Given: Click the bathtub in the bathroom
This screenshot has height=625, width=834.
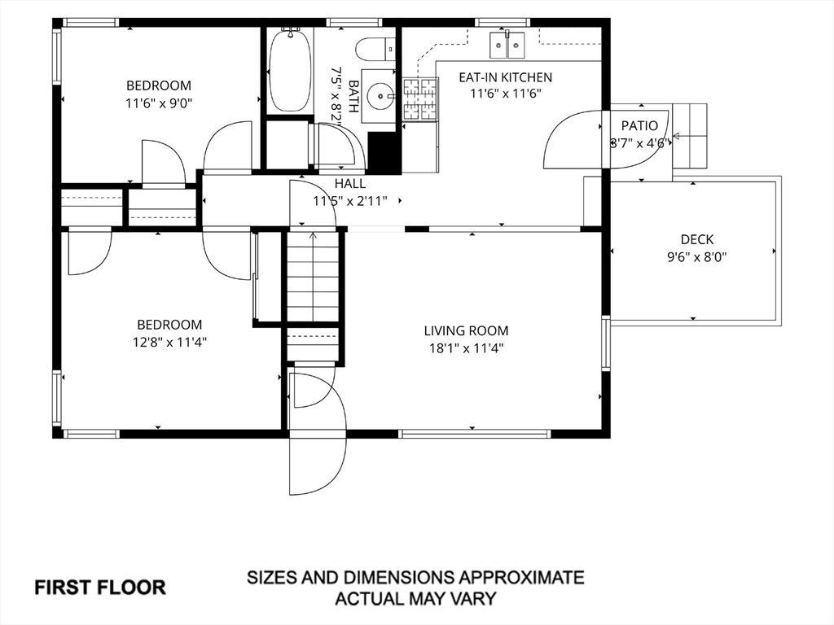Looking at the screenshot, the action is (291, 70).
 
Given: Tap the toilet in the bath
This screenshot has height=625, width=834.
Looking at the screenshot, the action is (375, 50).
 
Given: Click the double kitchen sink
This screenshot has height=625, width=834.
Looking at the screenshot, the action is (507, 45).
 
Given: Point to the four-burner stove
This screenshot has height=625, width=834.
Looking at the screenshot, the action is (420, 98).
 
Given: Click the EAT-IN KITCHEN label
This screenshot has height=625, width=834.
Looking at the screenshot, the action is (505, 77).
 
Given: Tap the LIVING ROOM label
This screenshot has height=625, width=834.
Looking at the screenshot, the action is (466, 330).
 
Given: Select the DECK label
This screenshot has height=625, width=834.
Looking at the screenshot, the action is (697, 240).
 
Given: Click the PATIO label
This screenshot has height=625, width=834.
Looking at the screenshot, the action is (639, 126).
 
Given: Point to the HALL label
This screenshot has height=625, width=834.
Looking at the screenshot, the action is (350, 184).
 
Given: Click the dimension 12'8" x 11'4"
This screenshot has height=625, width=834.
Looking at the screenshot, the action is (169, 342).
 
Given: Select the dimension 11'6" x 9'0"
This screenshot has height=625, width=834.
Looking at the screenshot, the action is (159, 103).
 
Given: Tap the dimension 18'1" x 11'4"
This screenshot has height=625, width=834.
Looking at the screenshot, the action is (467, 348).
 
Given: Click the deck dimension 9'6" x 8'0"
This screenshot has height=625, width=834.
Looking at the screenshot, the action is (697, 257).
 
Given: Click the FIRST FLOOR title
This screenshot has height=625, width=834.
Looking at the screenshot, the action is (100, 588).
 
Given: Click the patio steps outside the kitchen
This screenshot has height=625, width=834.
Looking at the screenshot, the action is (690, 136).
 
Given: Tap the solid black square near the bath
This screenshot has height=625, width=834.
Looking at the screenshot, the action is (384, 152).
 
